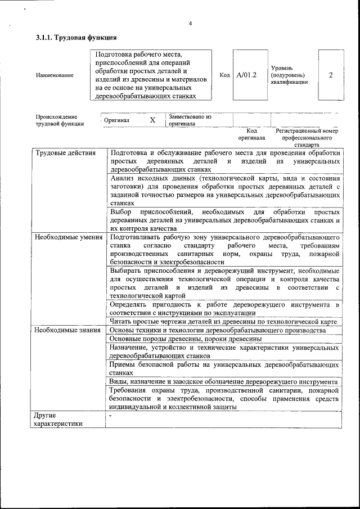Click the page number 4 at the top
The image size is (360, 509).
click(x=190, y=23)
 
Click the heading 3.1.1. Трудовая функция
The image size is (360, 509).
click(x=76, y=38)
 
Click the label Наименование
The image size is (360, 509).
click(x=54, y=75)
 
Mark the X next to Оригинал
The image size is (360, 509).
click(x=152, y=120)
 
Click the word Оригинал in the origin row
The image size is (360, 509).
click(x=117, y=120)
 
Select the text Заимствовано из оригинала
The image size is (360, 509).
click(x=189, y=120)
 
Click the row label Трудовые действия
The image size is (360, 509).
click(x=60, y=153)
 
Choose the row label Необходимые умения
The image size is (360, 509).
click(x=68, y=237)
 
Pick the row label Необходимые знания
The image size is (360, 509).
click(x=67, y=330)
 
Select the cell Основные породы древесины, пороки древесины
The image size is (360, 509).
click(x=185, y=339)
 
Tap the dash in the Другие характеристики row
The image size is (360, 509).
click(x=111, y=416)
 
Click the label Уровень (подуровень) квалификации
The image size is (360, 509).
click(x=289, y=75)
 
